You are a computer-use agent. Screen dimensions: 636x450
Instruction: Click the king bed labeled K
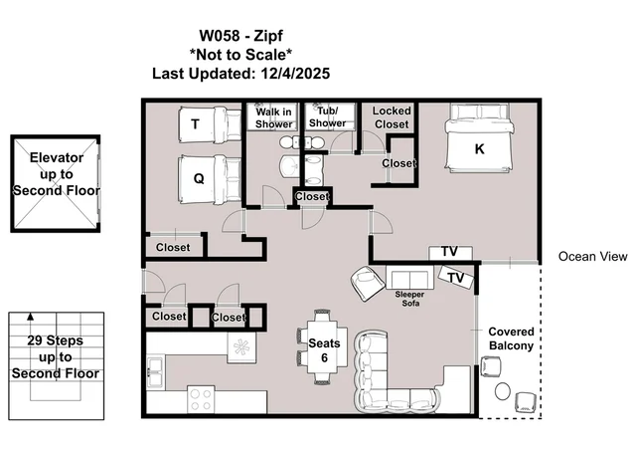point(479,137)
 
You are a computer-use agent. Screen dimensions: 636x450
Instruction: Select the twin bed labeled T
point(210,124)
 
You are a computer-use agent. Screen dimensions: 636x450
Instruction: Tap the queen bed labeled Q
point(210,179)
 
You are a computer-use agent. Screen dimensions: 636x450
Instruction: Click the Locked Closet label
point(392,117)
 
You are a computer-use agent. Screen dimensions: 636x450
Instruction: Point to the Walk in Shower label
point(273,117)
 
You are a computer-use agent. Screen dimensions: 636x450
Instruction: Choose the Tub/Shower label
point(327,116)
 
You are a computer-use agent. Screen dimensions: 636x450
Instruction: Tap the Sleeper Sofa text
point(409,299)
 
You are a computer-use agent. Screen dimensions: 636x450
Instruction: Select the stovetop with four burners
point(201,399)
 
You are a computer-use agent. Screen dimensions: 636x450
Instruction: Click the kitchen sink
point(155,372)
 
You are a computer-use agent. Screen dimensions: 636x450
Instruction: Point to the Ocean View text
point(592,257)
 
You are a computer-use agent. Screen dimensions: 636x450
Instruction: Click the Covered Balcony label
point(511,338)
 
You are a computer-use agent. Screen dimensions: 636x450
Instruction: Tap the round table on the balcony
point(503,391)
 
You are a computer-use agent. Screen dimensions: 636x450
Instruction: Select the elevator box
point(56,184)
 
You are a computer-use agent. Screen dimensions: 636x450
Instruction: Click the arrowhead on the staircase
point(31,317)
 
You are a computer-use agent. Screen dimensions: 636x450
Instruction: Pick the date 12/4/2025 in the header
point(295,74)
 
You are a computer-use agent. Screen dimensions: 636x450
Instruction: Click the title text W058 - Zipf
point(240,36)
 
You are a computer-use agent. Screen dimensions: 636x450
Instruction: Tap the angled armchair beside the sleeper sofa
point(368,284)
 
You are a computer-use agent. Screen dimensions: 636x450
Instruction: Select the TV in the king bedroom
point(450,252)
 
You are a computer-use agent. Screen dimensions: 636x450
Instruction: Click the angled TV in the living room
point(456,277)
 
